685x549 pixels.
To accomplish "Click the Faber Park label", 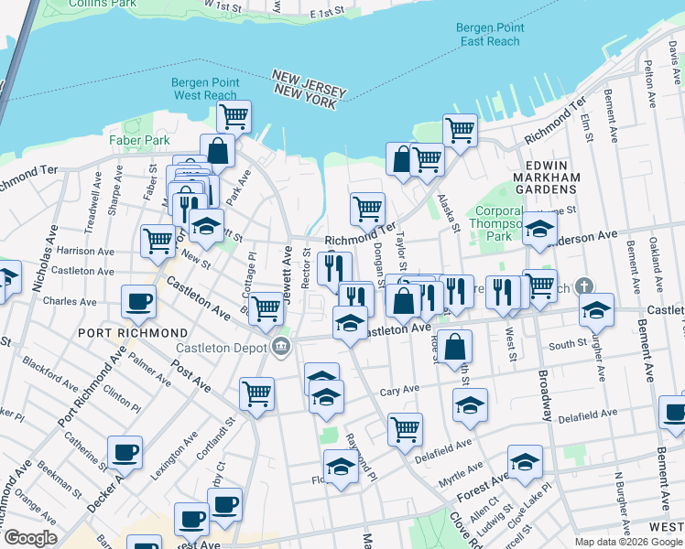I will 139,140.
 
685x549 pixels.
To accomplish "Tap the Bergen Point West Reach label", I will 206,89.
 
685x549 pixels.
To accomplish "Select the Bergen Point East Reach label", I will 490,35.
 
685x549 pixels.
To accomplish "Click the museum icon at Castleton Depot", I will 281,346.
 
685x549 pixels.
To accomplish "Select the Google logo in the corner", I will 29,538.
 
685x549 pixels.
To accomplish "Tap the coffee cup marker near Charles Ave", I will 139,301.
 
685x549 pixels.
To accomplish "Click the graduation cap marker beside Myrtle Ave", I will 525,462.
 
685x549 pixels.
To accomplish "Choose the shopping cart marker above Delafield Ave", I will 405,428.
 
